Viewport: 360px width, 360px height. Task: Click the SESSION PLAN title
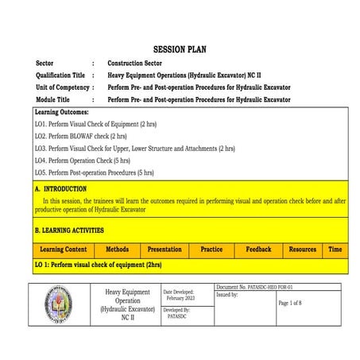click(179, 49)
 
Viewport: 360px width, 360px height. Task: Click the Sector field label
click(46, 62)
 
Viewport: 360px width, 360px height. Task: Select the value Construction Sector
click(135, 62)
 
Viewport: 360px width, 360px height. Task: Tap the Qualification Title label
click(61, 75)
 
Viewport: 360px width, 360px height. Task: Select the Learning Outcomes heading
click(61, 112)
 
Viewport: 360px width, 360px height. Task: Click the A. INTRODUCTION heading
click(60, 189)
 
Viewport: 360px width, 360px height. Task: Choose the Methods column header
click(117, 250)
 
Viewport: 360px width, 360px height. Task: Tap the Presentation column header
click(165, 250)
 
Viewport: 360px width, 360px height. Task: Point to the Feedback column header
click(258, 250)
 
